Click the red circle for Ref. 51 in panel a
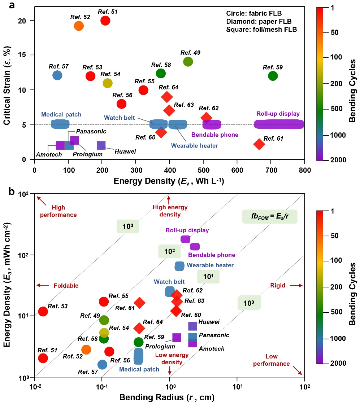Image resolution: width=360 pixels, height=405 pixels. point(105,21)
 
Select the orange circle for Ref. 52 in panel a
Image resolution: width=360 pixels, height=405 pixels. point(79,26)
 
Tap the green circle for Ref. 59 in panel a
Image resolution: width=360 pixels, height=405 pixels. point(273,76)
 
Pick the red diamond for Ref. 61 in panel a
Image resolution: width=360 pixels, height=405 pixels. point(259,144)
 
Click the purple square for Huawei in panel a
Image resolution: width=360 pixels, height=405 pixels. point(101,145)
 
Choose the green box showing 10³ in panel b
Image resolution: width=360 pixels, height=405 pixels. point(128,226)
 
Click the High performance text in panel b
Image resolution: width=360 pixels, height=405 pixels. point(64,211)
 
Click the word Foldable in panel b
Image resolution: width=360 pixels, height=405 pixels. point(66,286)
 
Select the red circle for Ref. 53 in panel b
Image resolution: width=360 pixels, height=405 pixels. point(43,311)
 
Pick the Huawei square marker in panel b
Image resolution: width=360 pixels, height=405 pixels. point(192,326)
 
